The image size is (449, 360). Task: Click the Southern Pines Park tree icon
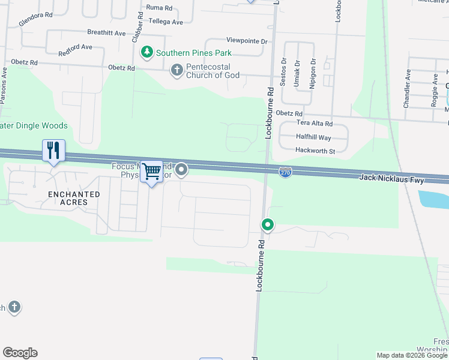tap(146, 53)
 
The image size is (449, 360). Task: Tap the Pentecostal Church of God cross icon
tap(176, 70)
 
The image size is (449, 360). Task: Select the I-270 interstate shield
tap(286, 172)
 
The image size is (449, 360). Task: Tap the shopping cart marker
tap(152, 172)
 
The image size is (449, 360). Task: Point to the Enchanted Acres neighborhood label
tap(74, 198)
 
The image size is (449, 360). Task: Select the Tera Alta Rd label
tap(315, 123)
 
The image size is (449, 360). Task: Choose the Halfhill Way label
tap(314, 137)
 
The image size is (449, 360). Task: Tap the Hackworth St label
tap(315, 151)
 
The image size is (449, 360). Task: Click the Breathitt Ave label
tap(106, 32)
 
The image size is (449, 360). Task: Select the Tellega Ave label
tap(165, 22)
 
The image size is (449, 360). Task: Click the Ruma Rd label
tap(160, 8)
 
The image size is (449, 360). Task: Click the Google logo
tap(20, 353)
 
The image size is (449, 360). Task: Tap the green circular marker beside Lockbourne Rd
tap(267, 225)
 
